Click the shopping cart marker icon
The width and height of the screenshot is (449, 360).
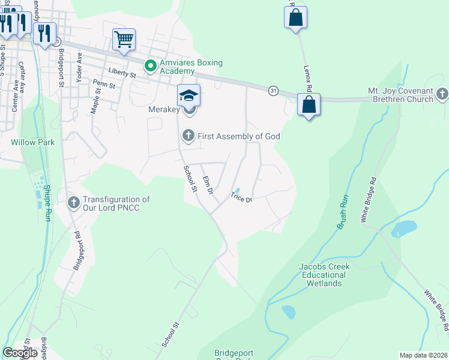tap(124, 40)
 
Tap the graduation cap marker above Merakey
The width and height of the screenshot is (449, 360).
tap(188, 95)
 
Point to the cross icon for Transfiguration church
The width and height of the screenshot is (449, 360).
tap(74, 203)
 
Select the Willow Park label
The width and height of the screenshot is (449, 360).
tap(32, 143)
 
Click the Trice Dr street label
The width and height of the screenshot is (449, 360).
tap(241, 196)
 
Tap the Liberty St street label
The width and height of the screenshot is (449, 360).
tap(122, 73)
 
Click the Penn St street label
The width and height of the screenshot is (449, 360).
tap(104, 85)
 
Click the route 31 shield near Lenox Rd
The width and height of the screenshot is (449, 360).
tap(274, 90)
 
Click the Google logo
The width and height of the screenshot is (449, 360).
tap(20, 353)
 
